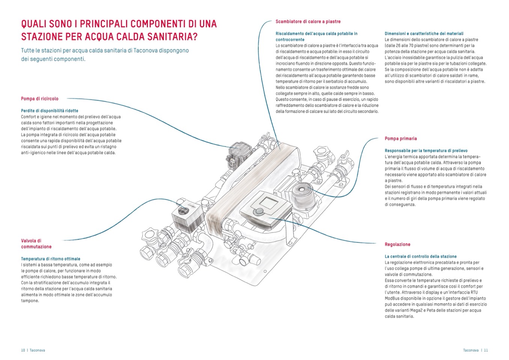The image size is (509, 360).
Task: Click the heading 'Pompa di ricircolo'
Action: click(x=40, y=99)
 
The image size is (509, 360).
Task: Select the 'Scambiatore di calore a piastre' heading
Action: click(x=308, y=21)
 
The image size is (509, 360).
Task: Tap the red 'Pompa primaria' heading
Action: click(x=401, y=139)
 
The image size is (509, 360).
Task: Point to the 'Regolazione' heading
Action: click(x=397, y=244)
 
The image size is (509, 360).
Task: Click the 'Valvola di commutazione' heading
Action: click(x=36, y=244)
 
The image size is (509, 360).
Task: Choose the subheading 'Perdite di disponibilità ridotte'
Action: click(x=50, y=111)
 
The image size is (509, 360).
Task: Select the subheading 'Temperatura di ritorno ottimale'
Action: click(x=51, y=259)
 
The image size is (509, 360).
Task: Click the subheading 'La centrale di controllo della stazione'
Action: click(x=420, y=256)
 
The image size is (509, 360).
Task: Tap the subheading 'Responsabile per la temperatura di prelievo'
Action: click(x=426, y=151)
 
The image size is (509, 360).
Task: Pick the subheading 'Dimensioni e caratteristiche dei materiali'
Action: click(x=424, y=33)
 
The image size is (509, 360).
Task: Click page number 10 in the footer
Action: click(x=23, y=350)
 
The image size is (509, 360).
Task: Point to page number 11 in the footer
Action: click(x=486, y=350)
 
